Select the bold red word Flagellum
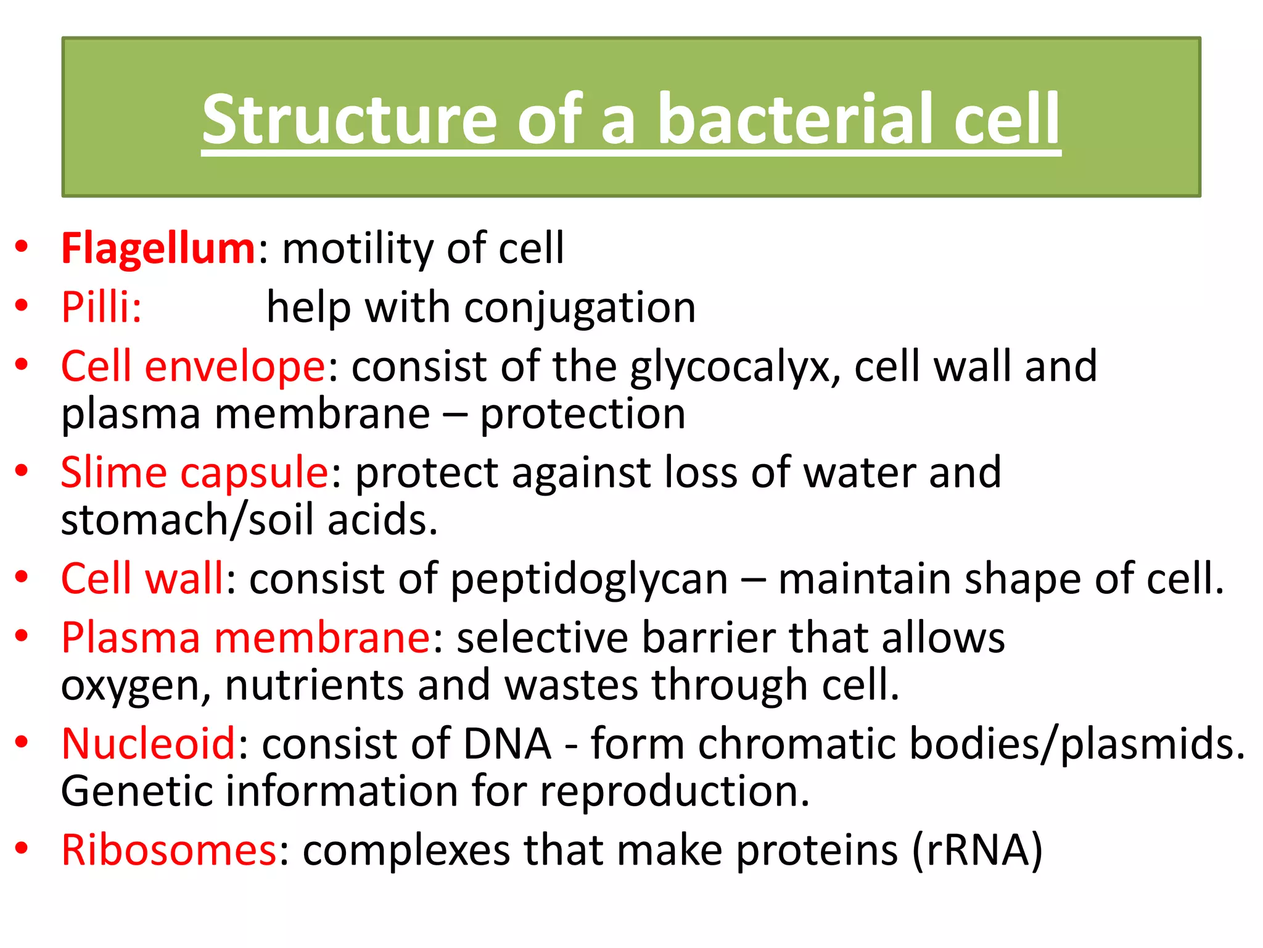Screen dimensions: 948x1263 [158, 249]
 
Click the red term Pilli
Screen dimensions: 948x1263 [101, 307]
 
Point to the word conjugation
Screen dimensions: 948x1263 [580, 308]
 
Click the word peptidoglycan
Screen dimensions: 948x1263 [590, 580]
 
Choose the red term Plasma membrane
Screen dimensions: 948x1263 [245, 638]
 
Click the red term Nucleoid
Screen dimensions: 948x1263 [148, 744]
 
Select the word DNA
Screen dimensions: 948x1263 [507, 744]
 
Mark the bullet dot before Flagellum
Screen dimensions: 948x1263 [22, 246]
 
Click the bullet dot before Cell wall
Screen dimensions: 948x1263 [22, 577]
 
